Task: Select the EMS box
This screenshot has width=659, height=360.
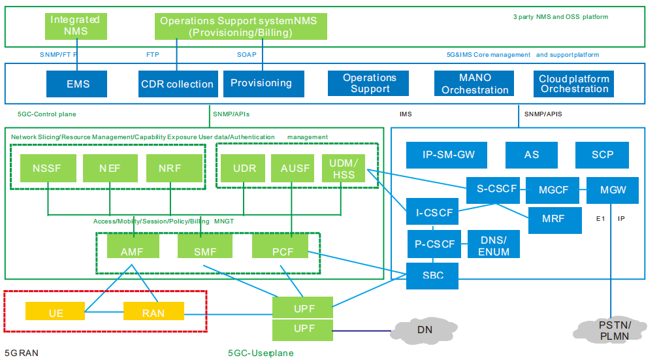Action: click(78, 84)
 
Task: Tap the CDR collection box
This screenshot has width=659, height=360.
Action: click(177, 84)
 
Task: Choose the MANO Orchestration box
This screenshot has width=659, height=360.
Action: click(475, 84)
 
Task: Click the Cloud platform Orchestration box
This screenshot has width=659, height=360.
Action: click(574, 84)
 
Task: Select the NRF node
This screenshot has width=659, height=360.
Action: click(170, 169)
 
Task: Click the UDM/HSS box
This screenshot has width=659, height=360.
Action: click(344, 169)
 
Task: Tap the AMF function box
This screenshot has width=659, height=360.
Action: click(132, 251)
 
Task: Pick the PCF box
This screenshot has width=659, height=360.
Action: click(281, 251)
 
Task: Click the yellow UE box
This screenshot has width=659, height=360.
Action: click(56, 312)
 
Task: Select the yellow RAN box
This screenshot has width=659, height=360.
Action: click(153, 312)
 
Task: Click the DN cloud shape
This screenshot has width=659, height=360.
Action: click(425, 330)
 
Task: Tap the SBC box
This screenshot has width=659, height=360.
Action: click(432, 276)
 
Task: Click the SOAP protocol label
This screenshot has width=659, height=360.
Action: click(246, 55)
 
